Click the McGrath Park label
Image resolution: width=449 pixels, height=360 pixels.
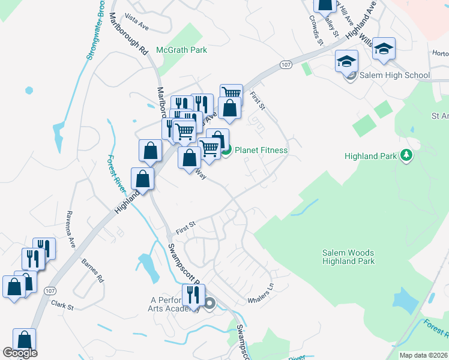click(x=181, y=50)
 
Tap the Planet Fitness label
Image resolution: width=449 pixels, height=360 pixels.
click(x=261, y=151)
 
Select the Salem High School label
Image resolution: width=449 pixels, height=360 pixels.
click(x=394, y=76)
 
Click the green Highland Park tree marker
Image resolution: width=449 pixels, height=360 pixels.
click(x=406, y=156)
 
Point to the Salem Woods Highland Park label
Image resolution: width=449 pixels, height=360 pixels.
click(x=349, y=257)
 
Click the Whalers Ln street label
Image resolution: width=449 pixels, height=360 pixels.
click(x=261, y=294)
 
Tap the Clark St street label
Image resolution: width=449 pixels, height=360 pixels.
click(x=62, y=306)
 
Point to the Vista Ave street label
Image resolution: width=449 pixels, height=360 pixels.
click(x=136, y=23)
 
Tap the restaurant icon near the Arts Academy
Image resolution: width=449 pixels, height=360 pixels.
click(x=193, y=295)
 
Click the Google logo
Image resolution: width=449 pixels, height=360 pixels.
click(x=20, y=353)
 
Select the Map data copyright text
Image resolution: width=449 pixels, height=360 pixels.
click(x=423, y=355)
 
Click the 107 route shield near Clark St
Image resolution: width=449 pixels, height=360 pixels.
click(x=50, y=290)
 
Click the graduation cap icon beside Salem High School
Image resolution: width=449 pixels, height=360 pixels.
click(x=346, y=61)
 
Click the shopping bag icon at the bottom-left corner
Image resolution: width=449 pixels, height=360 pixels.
click(x=24, y=340)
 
